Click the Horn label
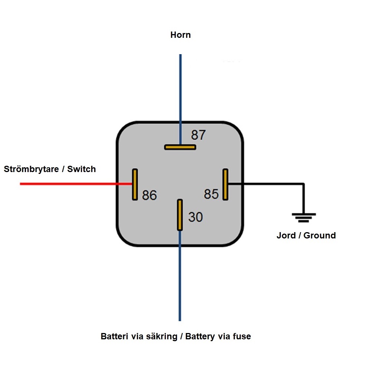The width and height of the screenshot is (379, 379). point(181,35)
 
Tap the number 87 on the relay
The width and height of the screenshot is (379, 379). point(198,135)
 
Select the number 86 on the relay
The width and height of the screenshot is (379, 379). point(149,195)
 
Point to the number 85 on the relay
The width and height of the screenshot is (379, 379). point(211,194)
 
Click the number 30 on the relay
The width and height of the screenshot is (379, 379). point(195,217)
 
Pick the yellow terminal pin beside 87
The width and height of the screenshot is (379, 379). point(180,147)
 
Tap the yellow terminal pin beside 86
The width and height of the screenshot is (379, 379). point(135,184)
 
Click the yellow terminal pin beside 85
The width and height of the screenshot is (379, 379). point(225,184)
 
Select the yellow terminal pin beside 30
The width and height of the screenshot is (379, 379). point(180,215)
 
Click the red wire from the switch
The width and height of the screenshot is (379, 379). point(76,184)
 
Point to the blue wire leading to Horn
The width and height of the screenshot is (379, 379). point(180,99)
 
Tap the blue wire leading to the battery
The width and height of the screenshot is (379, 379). point(180,276)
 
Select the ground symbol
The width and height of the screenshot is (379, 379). point(304,218)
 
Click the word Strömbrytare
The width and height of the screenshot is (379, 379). point(32,169)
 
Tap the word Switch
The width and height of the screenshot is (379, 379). point(82,169)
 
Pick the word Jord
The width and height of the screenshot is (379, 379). point(286,235)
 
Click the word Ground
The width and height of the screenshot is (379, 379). point(320,235)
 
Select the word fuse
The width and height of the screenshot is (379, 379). point(242,336)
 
